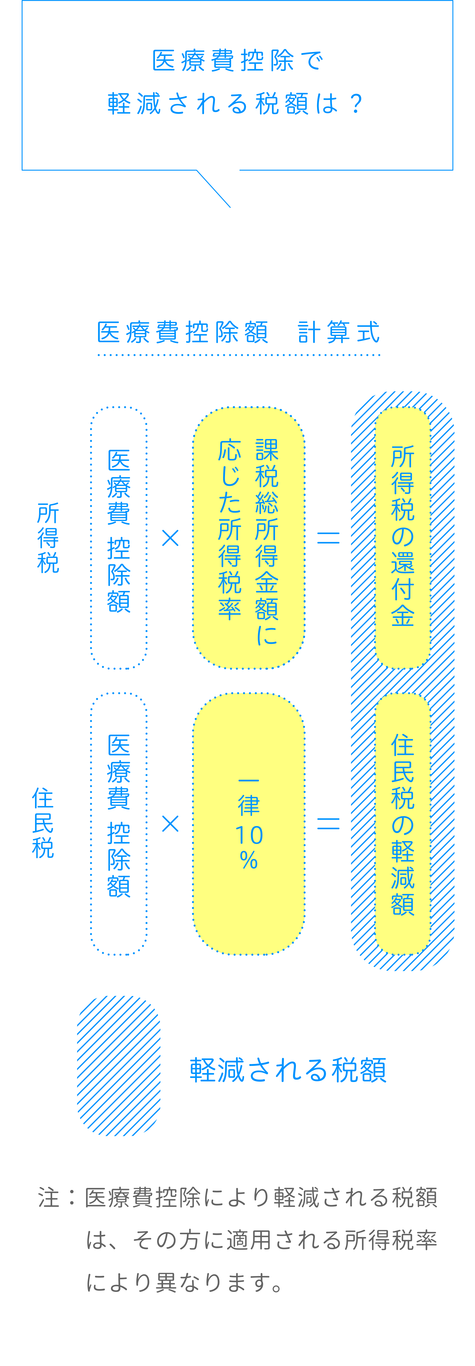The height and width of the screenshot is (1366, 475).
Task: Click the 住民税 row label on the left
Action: point(43,823)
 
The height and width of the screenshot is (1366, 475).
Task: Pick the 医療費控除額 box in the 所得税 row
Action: point(119,538)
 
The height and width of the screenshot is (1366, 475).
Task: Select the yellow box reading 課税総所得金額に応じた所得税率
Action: point(248,538)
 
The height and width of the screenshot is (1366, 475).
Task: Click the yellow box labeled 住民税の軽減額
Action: point(402,823)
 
